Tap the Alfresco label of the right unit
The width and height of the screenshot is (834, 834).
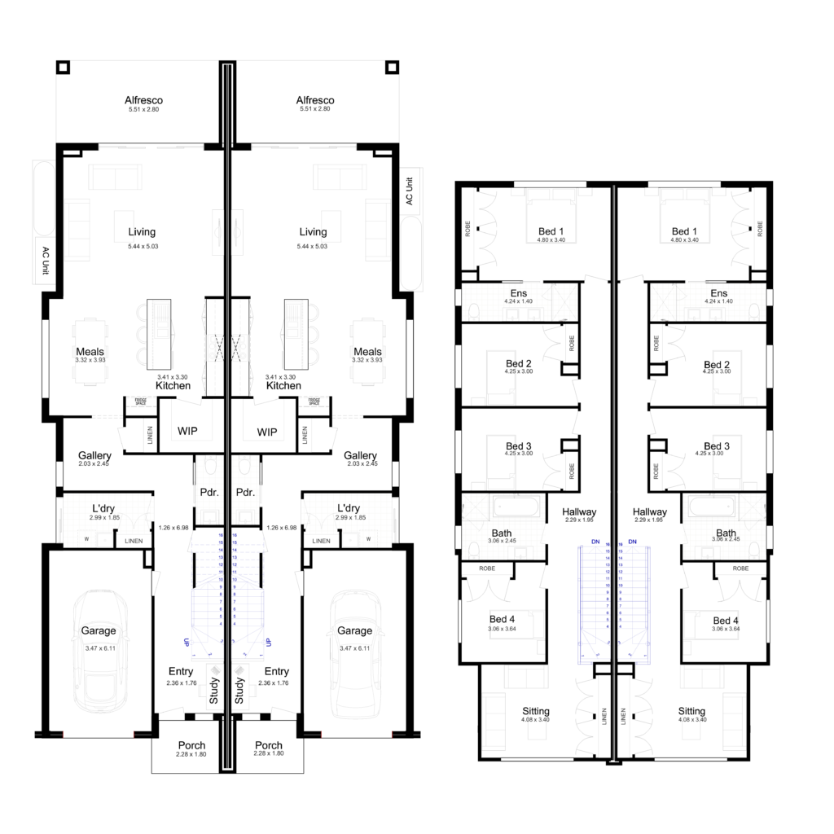(315, 100)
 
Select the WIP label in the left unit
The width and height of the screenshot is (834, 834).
(188, 431)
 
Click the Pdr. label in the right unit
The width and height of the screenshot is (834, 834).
(245, 493)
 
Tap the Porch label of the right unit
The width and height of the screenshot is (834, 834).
(268, 745)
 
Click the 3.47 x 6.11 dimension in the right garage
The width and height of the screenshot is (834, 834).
(354, 648)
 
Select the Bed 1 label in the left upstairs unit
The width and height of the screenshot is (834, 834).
(551, 231)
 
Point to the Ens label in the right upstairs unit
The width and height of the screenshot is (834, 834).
(718, 293)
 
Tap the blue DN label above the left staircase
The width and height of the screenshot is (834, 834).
(595, 542)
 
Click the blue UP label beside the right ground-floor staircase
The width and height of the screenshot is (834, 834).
(268, 643)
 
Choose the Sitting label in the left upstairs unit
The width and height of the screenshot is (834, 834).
(536, 711)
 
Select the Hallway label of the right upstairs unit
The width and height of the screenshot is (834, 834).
(650, 511)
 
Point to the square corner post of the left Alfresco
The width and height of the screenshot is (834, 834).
(64, 67)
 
